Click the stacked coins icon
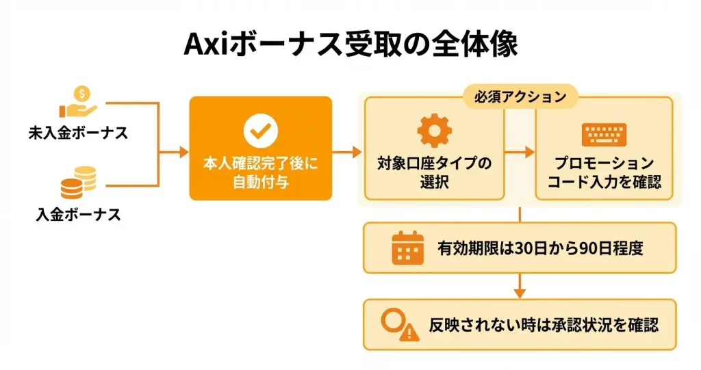click(78, 183)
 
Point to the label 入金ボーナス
click(78, 215)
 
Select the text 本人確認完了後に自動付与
click(260, 173)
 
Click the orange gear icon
click(434, 131)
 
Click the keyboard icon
click(604, 133)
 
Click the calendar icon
click(407, 247)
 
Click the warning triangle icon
click(409, 332)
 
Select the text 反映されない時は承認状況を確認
click(544, 324)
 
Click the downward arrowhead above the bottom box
click(520, 293)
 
